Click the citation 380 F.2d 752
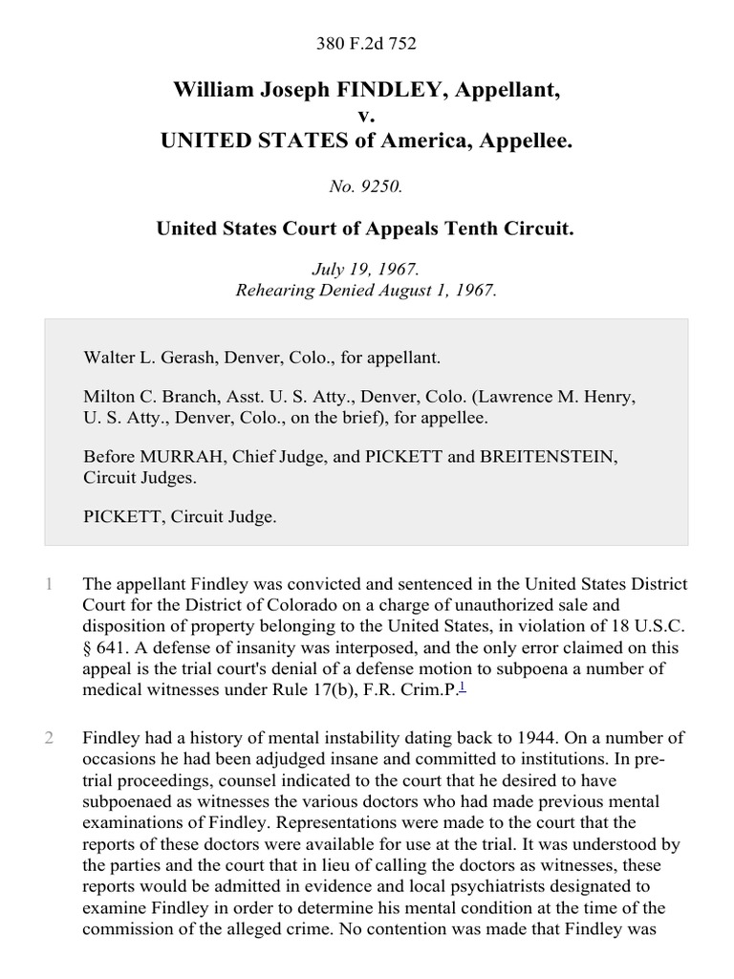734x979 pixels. [367, 43]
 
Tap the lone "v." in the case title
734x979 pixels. [367, 116]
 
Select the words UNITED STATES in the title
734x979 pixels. [244, 141]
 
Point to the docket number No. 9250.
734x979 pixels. [367, 187]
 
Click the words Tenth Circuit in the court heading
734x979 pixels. [521, 229]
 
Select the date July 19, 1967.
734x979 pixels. [367, 272]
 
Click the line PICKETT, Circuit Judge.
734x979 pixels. [180, 516]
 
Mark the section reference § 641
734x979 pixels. [104, 647]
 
